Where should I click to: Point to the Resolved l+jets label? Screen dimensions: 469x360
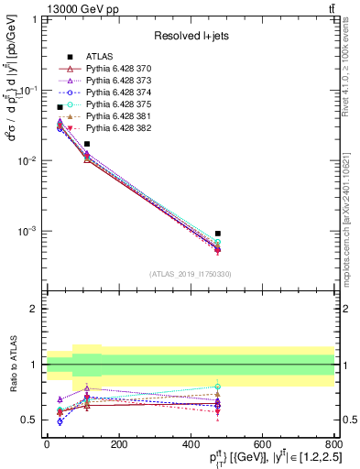click(191, 37)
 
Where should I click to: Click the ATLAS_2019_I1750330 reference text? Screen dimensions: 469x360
click(191, 274)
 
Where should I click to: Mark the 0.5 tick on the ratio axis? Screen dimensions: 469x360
click(32, 420)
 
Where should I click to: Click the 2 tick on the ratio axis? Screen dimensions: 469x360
click(36, 309)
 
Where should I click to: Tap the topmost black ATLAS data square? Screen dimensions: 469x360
click(60, 107)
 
